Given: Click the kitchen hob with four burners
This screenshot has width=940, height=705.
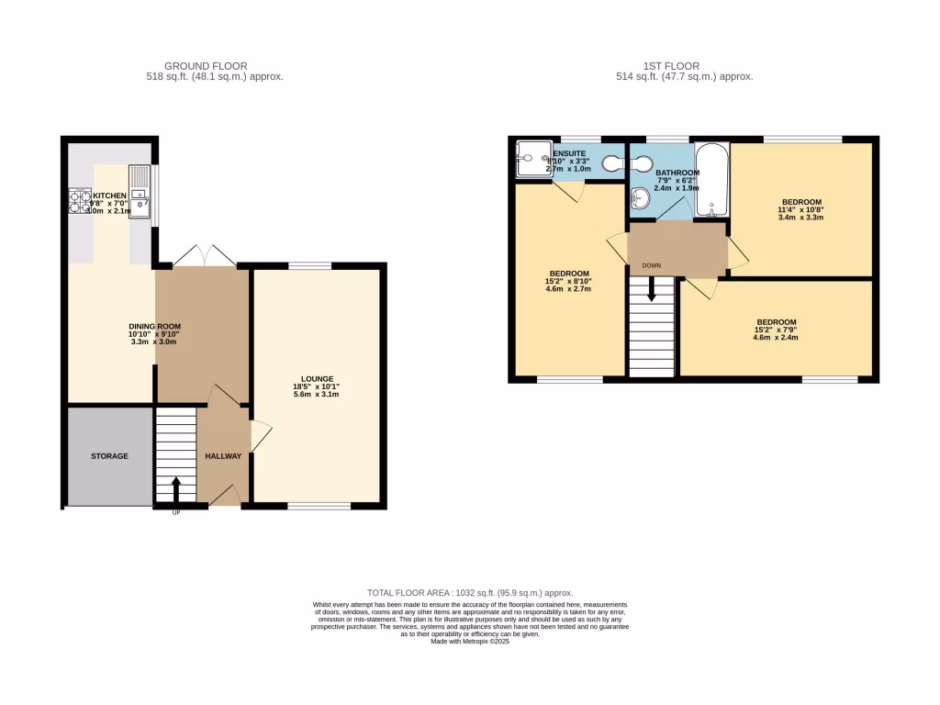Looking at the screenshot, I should pos(79,201).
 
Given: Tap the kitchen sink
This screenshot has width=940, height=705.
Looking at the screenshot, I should pos(140,192).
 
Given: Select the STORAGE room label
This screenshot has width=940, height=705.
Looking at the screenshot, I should pos(109,456).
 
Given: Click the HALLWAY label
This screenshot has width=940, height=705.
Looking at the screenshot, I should pos(223,456).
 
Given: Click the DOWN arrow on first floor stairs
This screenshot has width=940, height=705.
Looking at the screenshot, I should pos(652,292).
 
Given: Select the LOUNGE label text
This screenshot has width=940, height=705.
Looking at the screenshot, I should pos(318,378).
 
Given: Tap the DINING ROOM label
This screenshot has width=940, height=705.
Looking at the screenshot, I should pos(154,326).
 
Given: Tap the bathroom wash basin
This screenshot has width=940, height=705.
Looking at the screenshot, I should pos(641,197).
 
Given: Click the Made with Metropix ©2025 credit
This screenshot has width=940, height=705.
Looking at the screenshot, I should pos(469,642).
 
